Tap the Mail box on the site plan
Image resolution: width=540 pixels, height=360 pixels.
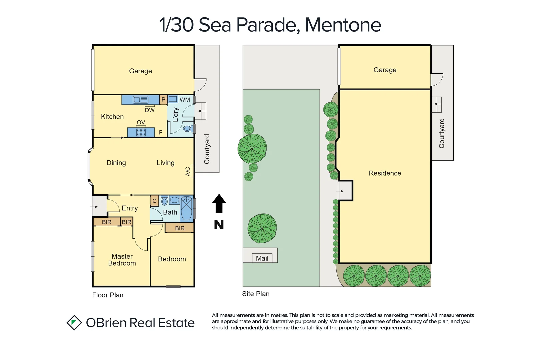(x=262, y=258)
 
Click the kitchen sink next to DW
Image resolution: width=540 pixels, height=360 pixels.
(x=140, y=100)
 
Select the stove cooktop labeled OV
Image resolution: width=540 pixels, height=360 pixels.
(x=141, y=132)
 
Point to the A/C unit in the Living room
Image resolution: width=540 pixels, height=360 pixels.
(x=192, y=171)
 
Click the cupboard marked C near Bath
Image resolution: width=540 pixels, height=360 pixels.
(x=154, y=201)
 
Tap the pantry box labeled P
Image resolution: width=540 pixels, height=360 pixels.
(x=163, y=100)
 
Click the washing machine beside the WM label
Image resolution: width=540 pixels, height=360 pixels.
(x=173, y=99)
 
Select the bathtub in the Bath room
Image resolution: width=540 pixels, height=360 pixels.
(x=186, y=209)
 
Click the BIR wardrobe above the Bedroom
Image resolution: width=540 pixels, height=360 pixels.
(x=179, y=228)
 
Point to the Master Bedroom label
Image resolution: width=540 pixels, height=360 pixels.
(x=122, y=260)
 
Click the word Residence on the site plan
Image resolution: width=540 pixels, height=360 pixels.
(x=385, y=173)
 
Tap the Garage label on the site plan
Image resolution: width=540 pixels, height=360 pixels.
(x=385, y=70)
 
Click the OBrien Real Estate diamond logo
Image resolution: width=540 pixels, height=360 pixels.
(x=74, y=323)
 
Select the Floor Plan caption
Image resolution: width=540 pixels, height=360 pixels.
(x=108, y=295)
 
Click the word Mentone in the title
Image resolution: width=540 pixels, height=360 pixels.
(x=343, y=25)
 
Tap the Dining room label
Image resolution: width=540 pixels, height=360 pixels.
(x=116, y=163)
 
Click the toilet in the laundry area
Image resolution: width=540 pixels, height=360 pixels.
(x=187, y=129)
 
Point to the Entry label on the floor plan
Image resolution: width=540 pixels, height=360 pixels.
(x=130, y=208)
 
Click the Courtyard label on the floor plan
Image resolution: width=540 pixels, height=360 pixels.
(x=207, y=149)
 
